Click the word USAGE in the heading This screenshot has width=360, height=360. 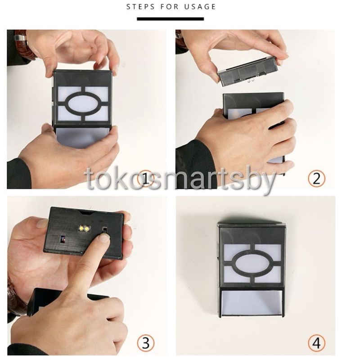pyautogui.click(x=200, y=7)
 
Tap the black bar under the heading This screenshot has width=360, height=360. pyautogui.click(x=171, y=19)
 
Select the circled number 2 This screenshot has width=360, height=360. pyautogui.click(x=316, y=179)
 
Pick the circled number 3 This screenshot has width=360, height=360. pyautogui.click(x=146, y=343)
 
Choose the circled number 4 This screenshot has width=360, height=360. pyautogui.click(x=316, y=343)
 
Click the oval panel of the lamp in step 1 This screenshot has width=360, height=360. pyautogui.click(x=83, y=103)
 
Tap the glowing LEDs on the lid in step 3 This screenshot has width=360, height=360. pyautogui.click(x=84, y=228)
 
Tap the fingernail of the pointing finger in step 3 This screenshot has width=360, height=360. pyautogui.click(x=104, y=237)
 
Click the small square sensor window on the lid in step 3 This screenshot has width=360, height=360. pyautogui.click(x=63, y=239)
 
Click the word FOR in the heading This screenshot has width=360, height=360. pyautogui.click(x=169, y=7)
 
